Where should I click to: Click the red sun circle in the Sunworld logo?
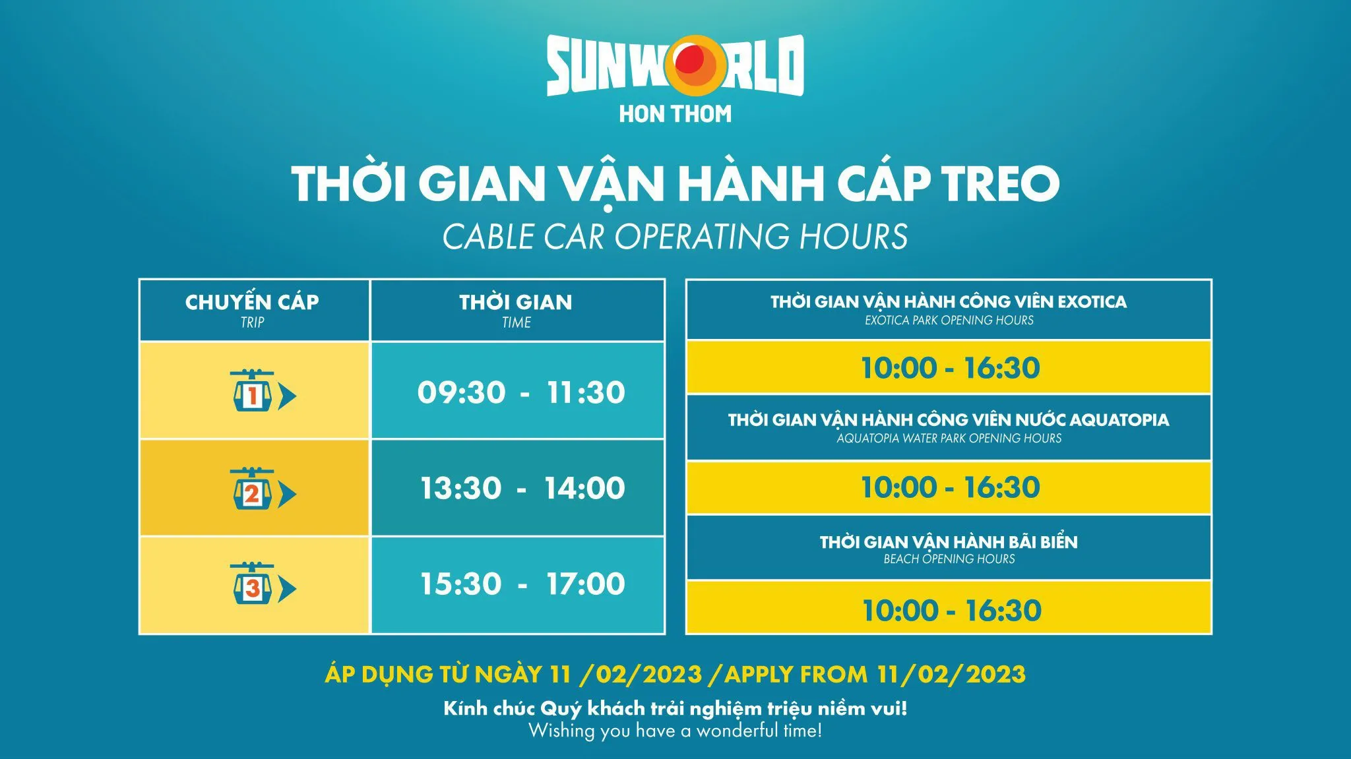687,61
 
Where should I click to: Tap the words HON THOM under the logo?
675,114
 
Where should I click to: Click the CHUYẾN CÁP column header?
252,302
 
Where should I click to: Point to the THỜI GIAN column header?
516,302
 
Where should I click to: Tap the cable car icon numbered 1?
253,394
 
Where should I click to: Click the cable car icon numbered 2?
253,491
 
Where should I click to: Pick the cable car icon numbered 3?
253,586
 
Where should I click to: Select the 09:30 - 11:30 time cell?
520,392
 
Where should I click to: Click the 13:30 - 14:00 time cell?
522,488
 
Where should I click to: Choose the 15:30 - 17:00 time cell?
522,584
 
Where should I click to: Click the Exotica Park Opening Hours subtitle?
949,320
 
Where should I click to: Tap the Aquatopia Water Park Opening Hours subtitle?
949,439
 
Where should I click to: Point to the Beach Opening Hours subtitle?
949,559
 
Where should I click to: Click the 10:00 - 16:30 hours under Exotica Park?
950,368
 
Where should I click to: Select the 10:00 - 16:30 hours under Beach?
951,610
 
